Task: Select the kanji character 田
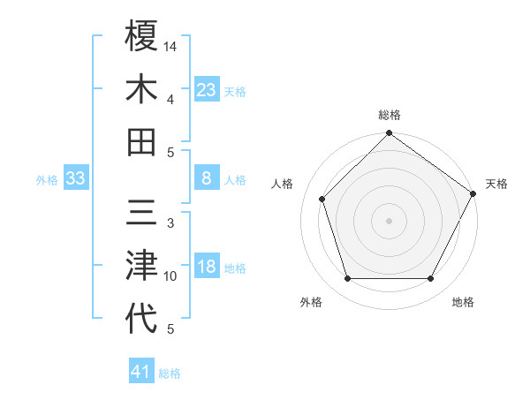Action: (x=141, y=141)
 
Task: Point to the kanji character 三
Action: (x=141, y=214)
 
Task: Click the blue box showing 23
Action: (x=207, y=89)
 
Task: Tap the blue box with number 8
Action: (x=207, y=178)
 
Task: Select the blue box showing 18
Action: (x=207, y=268)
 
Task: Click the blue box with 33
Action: (x=75, y=178)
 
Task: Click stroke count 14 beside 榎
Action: (x=170, y=45)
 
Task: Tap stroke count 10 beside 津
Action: (x=170, y=276)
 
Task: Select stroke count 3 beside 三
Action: (x=170, y=223)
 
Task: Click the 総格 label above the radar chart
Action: (x=389, y=115)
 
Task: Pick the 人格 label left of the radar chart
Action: (x=283, y=184)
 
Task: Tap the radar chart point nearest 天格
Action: (x=473, y=194)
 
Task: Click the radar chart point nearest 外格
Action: (x=347, y=278)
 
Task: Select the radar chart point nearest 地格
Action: (x=431, y=278)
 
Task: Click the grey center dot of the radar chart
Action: (x=389, y=220)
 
